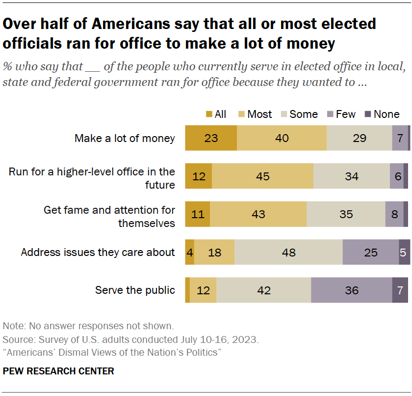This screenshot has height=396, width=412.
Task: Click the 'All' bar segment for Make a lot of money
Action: point(211,138)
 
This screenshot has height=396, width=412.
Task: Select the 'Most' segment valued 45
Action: point(262,176)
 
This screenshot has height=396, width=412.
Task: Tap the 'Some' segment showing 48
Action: point(288,252)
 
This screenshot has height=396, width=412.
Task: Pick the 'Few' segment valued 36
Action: point(351,290)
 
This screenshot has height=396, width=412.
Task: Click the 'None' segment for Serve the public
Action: point(400,290)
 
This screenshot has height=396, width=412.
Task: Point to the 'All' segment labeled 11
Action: point(197,214)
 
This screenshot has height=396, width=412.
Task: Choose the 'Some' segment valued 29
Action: point(359,138)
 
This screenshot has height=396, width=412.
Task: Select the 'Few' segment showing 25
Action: point(370,252)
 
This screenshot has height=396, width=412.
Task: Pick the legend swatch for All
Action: point(209,114)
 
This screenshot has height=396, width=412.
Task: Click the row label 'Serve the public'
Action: point(135,290)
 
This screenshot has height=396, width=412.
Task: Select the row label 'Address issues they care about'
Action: point(98,252)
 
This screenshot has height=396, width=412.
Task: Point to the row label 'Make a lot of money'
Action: point(125,138)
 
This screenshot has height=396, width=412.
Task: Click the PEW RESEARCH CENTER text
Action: point(58,371)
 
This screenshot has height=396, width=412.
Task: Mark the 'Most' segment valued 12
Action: point(203,290)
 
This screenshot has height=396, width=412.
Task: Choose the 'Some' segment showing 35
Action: point(346,214)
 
